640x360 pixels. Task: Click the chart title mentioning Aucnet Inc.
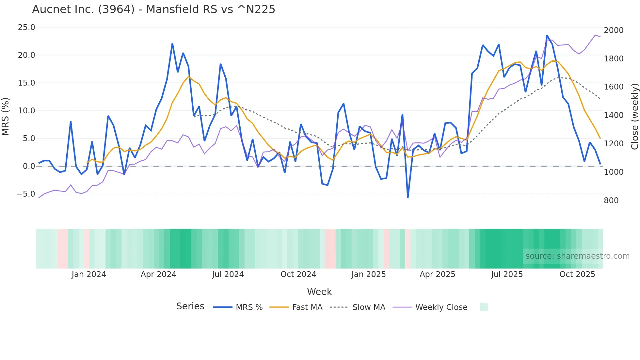153,9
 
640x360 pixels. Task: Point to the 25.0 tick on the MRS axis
26,27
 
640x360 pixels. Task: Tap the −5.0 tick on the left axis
26,194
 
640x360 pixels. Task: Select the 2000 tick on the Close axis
614,30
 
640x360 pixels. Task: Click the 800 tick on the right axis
611,201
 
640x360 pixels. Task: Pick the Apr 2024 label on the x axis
158,274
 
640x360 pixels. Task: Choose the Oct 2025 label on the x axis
577,274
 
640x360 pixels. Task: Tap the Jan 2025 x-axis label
368,274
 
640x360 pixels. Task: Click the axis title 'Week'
319,292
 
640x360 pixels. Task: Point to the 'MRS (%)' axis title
6,117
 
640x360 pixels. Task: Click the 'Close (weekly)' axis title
634,117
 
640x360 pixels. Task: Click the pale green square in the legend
484,307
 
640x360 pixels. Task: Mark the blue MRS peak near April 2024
172,44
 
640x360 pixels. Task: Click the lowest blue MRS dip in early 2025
408,197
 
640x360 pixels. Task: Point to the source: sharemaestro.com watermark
577,256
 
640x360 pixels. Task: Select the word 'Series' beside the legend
190,306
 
